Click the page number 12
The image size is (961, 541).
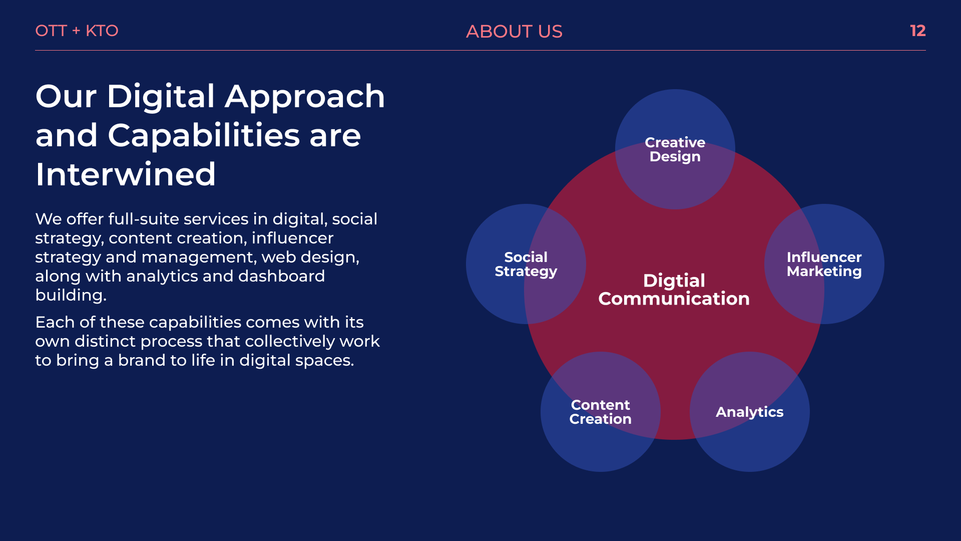tap(917, 31)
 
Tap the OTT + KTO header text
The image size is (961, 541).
tap(77, 31)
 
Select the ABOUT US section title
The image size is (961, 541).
tap(514, 32)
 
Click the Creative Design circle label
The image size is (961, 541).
tap(675, 149)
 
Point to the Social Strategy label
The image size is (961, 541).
tap(526, 264)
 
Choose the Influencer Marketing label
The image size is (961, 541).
tap(824, 264)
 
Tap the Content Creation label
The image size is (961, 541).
tap(600, 412)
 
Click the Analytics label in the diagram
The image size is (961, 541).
tap(749, 412)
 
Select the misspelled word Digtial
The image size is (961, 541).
tap(674, 281)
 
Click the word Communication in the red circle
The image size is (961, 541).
tap(674, 299)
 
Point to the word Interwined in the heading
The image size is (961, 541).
tap(125, 174)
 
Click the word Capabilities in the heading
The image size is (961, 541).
tap(204, 135)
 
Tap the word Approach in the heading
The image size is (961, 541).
tap(305, 96)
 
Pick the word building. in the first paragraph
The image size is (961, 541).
tap(71, 295)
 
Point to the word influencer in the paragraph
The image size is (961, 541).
tap(292, 238)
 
